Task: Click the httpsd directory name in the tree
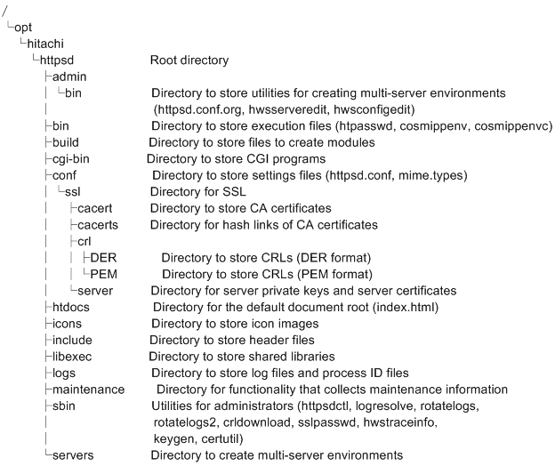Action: click(65, 61)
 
